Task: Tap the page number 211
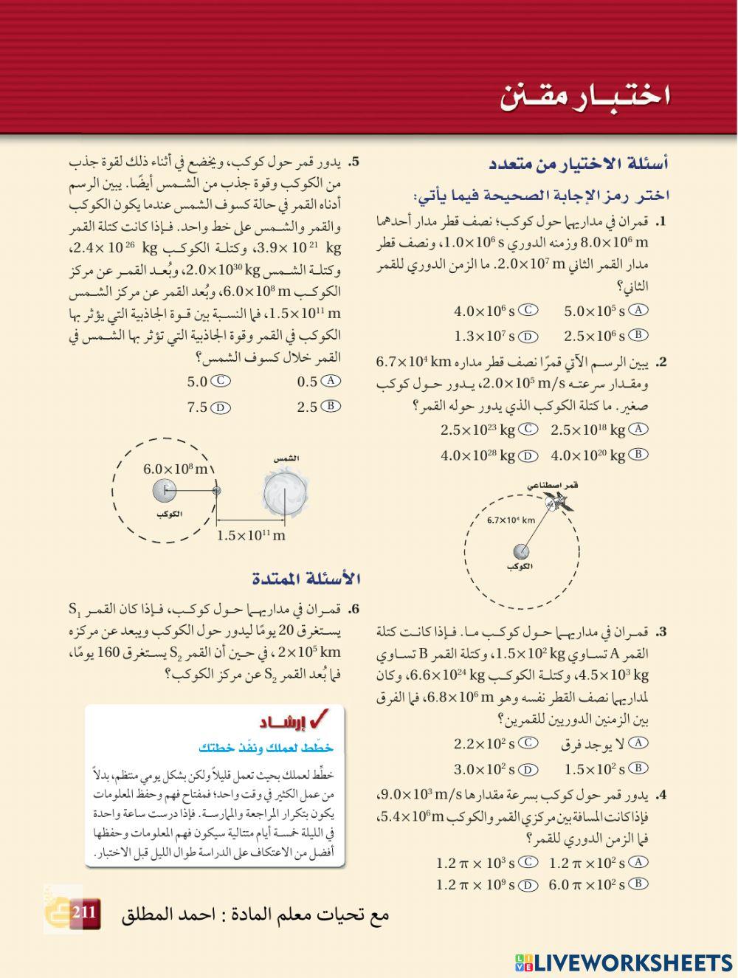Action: (x=83, y=912)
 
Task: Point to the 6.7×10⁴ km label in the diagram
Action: (x=511, y=520)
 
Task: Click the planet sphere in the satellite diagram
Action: (x=521, y=551)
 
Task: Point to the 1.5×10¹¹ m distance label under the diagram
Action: (x=251, y=535)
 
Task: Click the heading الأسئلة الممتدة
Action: (x=306, y=578)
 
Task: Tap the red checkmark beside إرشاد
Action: (x=322, y=719)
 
